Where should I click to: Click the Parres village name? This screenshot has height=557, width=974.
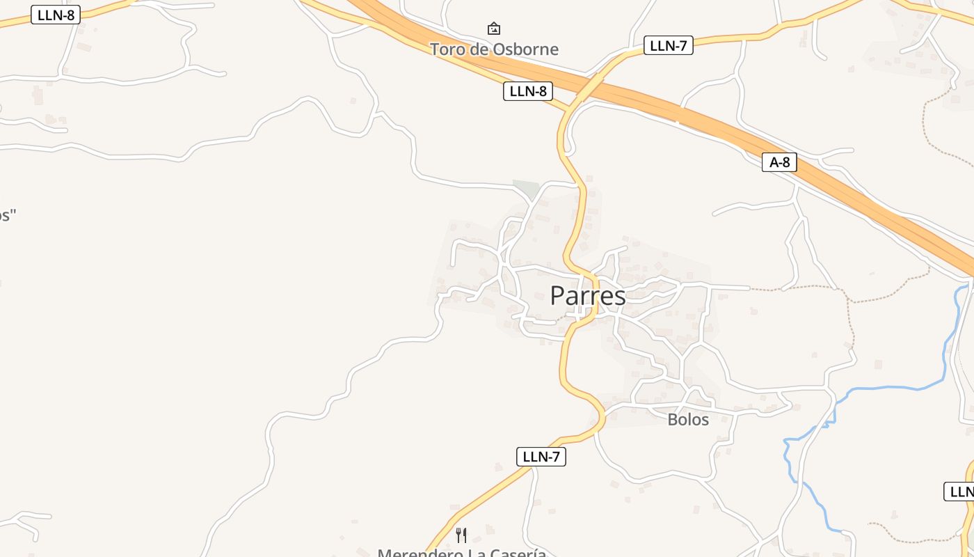588,296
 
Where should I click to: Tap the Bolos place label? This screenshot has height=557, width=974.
688,419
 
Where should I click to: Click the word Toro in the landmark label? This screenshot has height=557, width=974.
447,49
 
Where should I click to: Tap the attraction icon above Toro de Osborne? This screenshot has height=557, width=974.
494,29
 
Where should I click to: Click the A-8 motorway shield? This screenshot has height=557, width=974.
779,162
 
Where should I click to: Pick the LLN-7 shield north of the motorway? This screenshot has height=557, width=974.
668,46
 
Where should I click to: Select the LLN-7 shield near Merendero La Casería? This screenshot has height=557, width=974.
541,457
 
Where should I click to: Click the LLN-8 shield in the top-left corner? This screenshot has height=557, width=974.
56,15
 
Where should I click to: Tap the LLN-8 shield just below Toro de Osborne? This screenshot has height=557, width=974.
527,91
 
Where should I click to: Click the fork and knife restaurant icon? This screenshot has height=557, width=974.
461,535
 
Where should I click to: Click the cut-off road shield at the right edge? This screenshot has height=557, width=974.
960,491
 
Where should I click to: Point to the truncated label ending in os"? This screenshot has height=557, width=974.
7,214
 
